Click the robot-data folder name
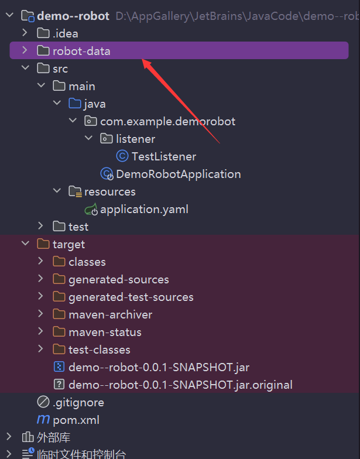coord(81,52)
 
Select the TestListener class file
coord(164,157)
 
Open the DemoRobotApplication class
coord(178,174)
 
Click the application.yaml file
coord(144,210)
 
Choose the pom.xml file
coord(76,420)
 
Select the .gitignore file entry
coord(78,403)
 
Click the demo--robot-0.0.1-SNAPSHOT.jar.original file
coord(180,385)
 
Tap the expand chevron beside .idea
coord(25,33)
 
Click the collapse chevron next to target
coord(26,244)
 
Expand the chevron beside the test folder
coord(41,226)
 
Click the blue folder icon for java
coord(75,104)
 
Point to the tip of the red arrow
coord(142,60)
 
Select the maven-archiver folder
coord(110,315)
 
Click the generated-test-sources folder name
coord(131,297)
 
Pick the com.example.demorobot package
coord(167,122)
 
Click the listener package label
coord(136,139)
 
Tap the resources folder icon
coord(75,192)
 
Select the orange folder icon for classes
coord(59,262)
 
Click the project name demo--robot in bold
coord(73,16)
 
